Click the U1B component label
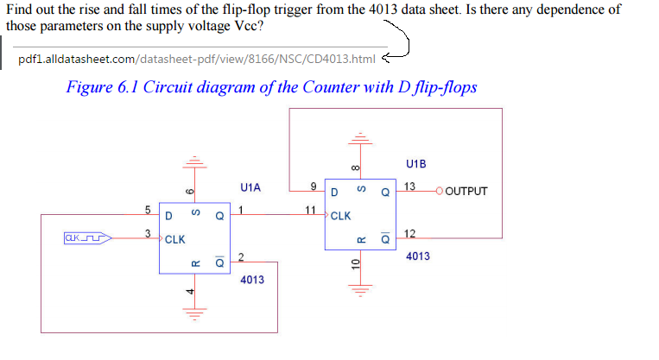pos(415,164)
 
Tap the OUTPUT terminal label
pos(467,191)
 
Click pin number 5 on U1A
pos(148,209)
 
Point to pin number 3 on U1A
pos(148,232)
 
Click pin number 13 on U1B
pos(409,186)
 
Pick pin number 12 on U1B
pos(409,234)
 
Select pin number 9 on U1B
pos(313,186)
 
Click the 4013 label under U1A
pos(252,280)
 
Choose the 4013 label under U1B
pos(418,256)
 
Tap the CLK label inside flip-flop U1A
pos(175,238)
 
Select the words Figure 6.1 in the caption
pos(104,87)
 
